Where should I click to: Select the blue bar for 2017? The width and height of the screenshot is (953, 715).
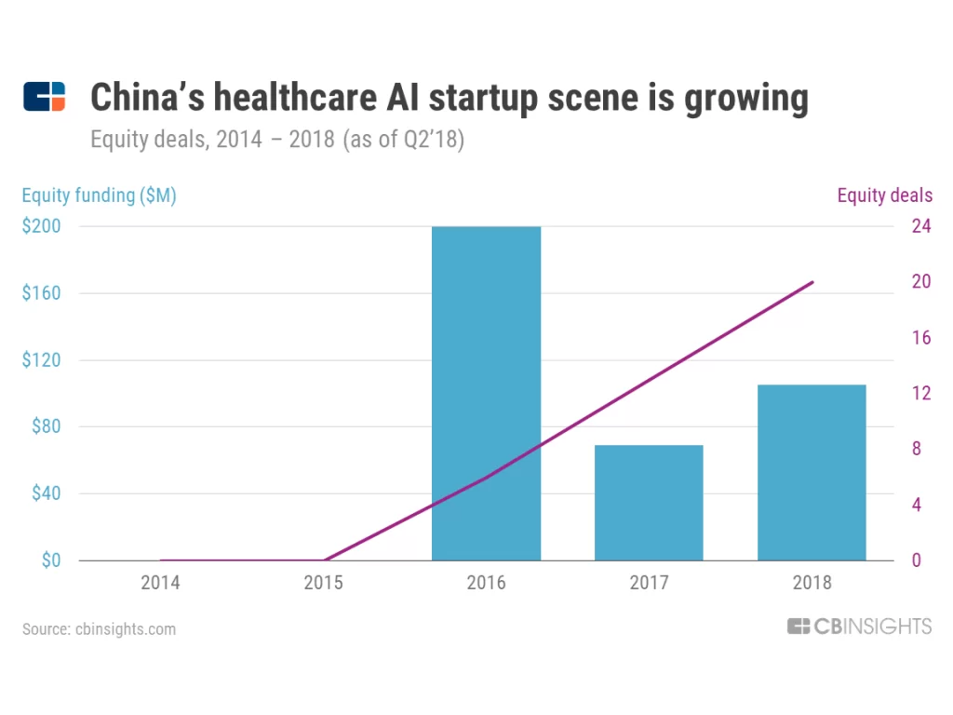649,503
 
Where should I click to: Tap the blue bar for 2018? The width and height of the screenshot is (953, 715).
812,472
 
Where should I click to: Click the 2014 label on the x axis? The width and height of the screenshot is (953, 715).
160,584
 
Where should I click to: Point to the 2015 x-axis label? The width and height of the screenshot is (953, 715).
323,584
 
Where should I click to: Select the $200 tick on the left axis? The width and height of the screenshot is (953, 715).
41,226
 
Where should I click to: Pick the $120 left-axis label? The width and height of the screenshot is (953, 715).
41,360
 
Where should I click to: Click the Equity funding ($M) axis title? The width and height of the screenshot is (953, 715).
99,196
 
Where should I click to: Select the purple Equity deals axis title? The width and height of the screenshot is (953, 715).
884,196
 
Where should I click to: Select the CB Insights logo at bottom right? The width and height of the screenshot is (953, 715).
858,627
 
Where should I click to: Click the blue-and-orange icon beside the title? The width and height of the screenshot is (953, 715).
45,97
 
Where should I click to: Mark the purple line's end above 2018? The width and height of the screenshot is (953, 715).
812,282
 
